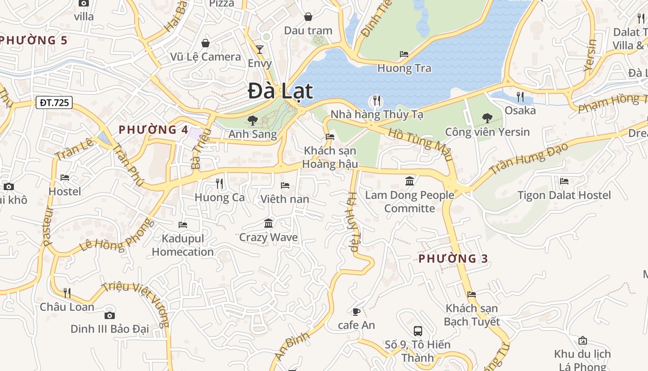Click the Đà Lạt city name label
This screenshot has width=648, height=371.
coord(280,91)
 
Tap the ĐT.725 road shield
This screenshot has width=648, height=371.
coord(54,102)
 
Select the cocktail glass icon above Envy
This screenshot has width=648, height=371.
coord(260,49)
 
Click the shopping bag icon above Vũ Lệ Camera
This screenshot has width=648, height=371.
coord(206,43)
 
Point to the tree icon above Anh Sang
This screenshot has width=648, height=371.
coord(253,121)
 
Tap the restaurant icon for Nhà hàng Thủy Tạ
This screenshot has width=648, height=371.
coord(377,100)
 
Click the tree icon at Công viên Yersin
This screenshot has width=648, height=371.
coord(487,118)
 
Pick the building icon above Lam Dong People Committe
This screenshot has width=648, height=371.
coord(410,181)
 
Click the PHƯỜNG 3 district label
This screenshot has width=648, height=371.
coord(453,259)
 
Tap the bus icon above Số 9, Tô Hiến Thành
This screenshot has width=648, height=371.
coord(417,331)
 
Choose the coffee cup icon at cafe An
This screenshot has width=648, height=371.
coord(356,312)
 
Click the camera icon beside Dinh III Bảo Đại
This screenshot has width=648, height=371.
coord(110,315)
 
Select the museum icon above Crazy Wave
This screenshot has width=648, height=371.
coord(268,224)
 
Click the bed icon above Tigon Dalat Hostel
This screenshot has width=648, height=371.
coord(564,181)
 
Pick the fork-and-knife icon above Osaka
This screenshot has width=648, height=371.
coord(520,96)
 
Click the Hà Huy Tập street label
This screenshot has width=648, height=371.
coord(353,222)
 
